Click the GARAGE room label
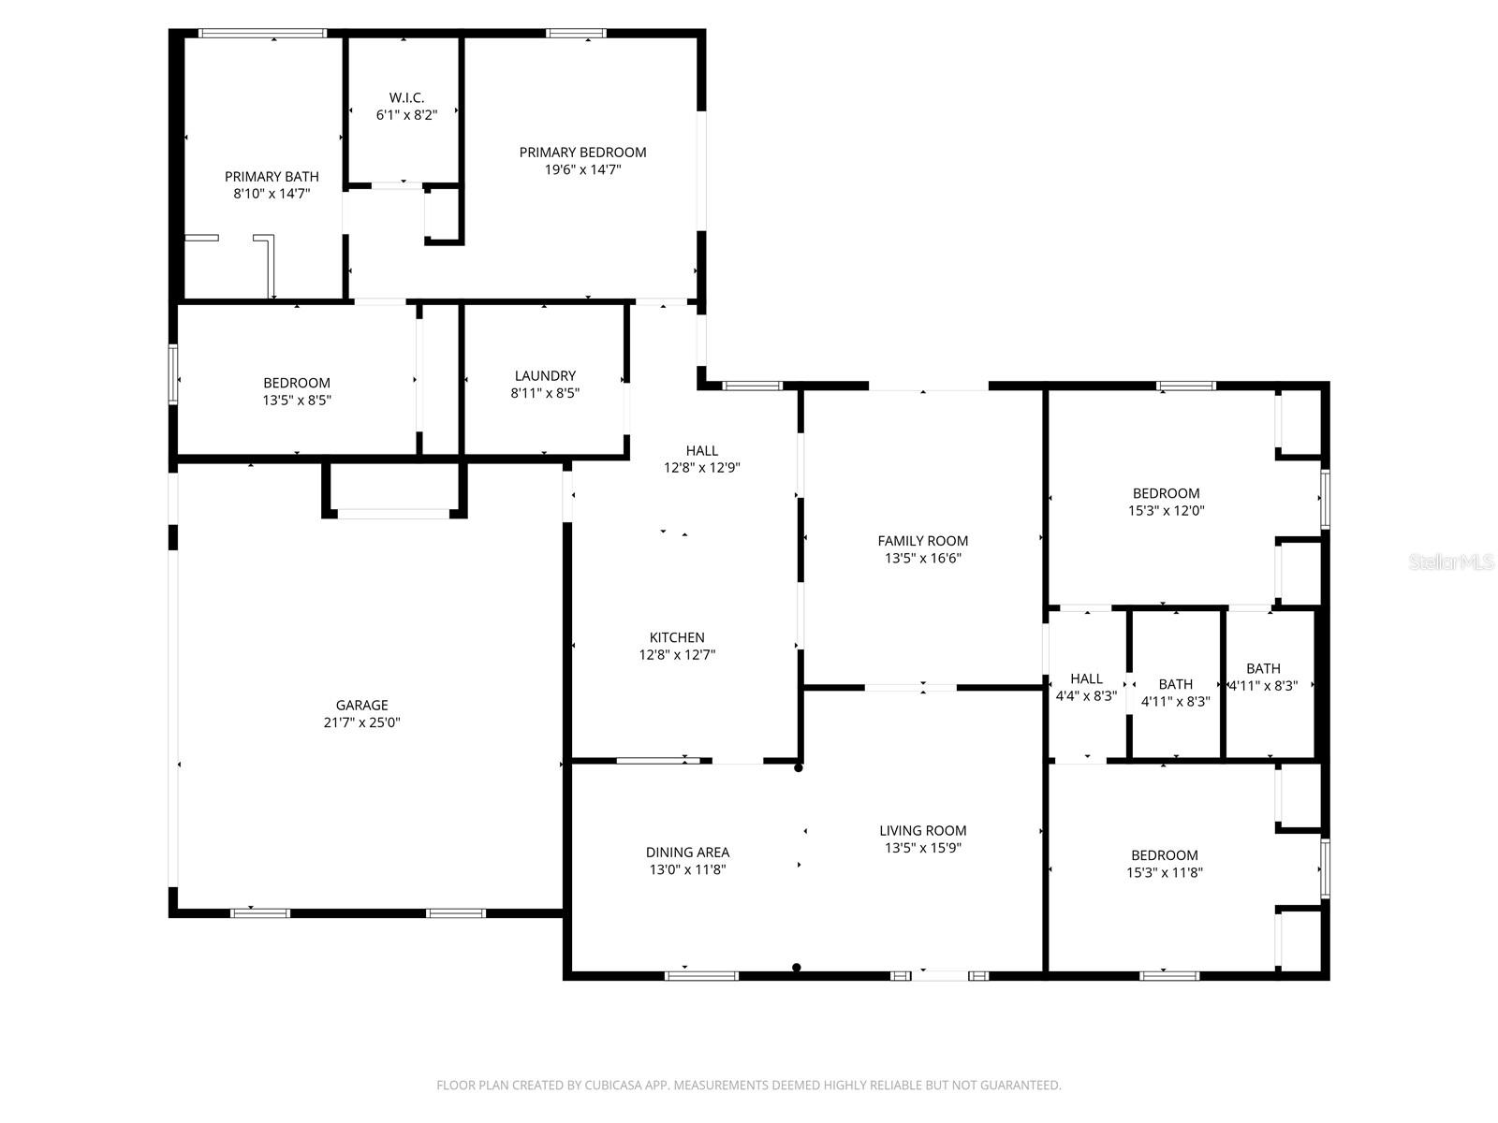point(361,705)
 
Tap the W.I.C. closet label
point(406,97)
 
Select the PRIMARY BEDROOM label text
point(582,153)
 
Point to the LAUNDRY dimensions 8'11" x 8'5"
point(545,394)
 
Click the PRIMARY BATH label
point(272,176)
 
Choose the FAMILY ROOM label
point(922,541)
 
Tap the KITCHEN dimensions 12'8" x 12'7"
point(677,655)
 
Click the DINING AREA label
point(687,852)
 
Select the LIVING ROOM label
point(922,830)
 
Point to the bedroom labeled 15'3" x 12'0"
point(1166,502)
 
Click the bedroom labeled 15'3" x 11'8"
point(1164,863)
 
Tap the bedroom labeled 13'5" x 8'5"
point(296,391)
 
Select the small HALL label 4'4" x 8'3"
point(1086,687)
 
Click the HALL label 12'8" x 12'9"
point(701,459)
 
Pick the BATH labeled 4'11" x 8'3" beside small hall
point(1175,693)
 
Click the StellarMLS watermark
point(1451,562)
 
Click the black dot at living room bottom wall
point(797,968)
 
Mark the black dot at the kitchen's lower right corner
point(799,767)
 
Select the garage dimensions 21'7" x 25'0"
point(361,722)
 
